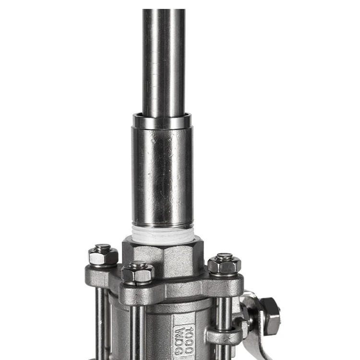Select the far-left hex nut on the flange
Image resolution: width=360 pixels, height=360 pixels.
click(x=103, y=256)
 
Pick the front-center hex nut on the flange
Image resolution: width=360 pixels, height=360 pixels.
click(x=138, y=273)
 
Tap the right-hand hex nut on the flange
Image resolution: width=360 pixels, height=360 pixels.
click(x=224, y=265)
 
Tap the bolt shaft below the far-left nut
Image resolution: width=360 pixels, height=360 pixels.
click(x=102, y=322)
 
